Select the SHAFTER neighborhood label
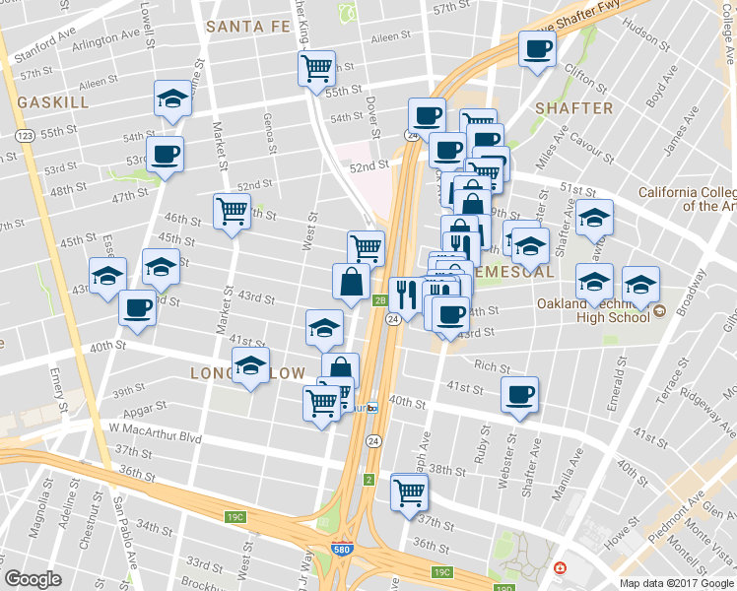(573, 107)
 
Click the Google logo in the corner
(33, 579)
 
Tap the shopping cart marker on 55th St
(316, 69)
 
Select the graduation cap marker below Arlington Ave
(172, 99)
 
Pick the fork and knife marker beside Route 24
(404, 294)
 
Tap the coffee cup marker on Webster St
(519, 395)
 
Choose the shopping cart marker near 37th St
(410, 492)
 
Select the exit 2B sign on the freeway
(379, 301)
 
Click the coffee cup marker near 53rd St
(165, 155)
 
